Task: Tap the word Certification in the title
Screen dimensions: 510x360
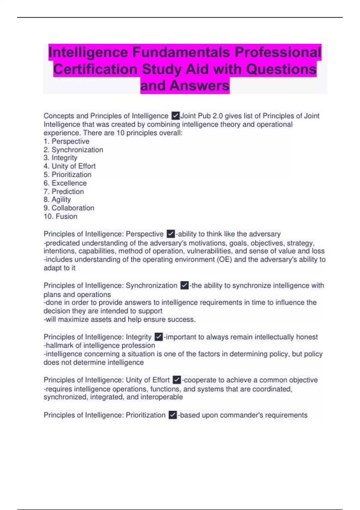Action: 95,69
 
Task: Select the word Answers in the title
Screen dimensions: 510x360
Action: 199,85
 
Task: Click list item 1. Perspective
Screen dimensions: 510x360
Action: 66,141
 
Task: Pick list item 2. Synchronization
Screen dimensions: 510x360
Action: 73,150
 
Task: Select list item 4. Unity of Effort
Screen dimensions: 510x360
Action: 69,166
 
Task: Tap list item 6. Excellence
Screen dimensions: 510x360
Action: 65,183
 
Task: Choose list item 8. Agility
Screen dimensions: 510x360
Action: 57,199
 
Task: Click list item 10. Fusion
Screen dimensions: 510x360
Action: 60,216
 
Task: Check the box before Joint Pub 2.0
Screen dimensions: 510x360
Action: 175,116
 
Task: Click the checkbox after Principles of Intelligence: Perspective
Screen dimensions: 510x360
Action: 171,234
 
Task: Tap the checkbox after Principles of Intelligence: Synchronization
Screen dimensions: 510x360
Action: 184,285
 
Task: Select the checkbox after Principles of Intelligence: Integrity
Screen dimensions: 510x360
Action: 159,337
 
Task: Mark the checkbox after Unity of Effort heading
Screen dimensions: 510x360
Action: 177,380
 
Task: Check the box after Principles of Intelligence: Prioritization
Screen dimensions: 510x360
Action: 173,415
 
